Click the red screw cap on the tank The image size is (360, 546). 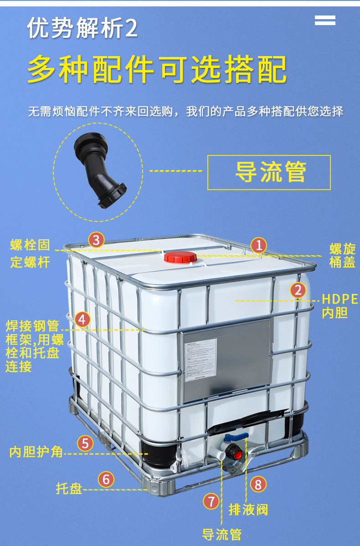(178, 258)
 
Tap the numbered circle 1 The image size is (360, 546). (258, 246)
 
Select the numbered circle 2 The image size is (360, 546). (298, 290)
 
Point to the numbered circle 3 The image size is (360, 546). (96, 240)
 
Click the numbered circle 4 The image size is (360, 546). (82, 319)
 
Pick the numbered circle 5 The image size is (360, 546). (85, 443)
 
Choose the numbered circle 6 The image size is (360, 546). (106, 479)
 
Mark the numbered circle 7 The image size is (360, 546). (211, 501)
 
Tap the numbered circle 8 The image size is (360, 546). (258, 484)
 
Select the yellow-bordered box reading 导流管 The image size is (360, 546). (269, 172)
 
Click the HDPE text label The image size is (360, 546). (340, 299)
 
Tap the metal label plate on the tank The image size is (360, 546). (226, 360)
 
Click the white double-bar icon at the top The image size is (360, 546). (325, 20)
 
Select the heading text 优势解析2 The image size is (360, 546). (82, 29)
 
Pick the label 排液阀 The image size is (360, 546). (248, 510)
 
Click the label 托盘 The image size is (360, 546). (69, 489)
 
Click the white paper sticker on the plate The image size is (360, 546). (201, 358)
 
